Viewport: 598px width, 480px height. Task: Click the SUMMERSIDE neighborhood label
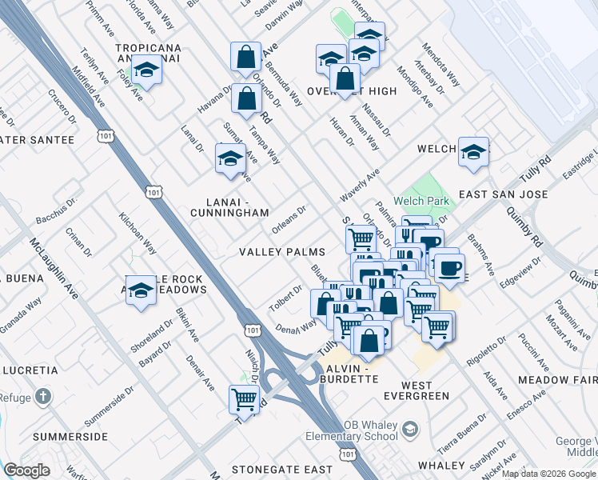[x=70, y=437]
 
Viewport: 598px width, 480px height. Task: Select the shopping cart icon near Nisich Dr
[x=245, y=399]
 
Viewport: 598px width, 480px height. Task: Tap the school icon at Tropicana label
[x=147, y=71]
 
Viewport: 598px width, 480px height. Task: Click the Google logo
[x=27, y=470]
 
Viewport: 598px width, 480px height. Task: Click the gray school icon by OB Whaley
[x=410, y=430]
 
